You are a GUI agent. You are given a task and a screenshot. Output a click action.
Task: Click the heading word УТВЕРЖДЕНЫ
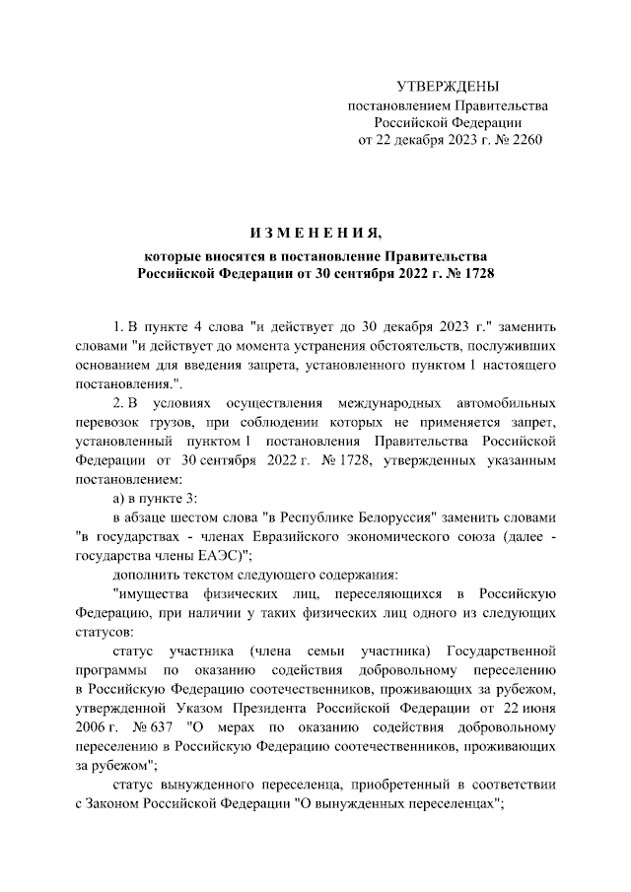point(448,87)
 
